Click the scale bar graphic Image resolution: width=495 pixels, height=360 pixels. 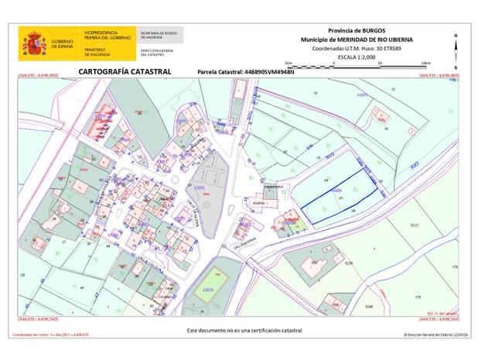pyautogui.click(x=357, y=65)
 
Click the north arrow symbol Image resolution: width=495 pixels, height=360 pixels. pyautogui.click(x=456, y=50)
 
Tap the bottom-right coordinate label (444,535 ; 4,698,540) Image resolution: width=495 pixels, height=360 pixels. pyautogui.click(x=438, y=318)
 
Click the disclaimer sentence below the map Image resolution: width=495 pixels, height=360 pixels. pyautogui.click(x=244, y=330)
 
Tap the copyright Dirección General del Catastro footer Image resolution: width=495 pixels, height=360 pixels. pyautogui.click(x=435, y=335)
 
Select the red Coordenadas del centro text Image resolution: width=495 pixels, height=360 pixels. pyautogui.click(x=50, y=335)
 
